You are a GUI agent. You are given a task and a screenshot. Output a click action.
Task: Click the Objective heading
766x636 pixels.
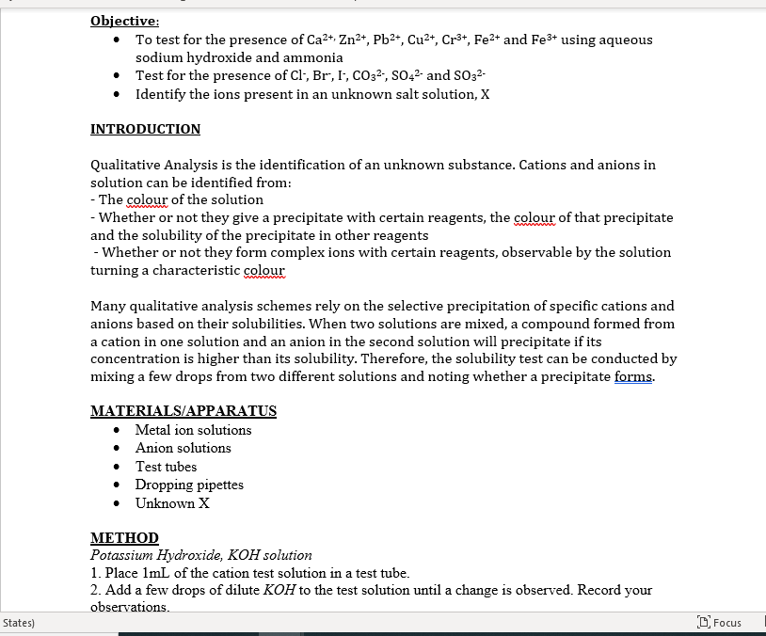click(124, 21)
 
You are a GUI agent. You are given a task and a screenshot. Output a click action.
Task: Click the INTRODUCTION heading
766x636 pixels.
click(145, 129)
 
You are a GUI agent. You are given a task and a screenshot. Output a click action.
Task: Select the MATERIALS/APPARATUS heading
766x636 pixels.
click(184, 411)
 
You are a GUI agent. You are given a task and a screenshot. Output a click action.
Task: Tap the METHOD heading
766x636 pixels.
click(124, 538)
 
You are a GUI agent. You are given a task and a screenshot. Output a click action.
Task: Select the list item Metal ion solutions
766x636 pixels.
click(193, 430)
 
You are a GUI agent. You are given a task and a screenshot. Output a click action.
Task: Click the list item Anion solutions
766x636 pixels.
click(183, 448)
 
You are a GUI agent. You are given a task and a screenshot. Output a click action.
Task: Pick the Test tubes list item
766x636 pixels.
click(166, 467)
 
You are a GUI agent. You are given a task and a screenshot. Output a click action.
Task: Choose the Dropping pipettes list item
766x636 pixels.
click(189, 485)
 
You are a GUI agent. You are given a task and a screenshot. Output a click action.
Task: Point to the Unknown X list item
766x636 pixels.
click(172, 503)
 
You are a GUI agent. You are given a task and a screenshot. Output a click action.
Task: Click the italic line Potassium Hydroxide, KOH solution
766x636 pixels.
click(200, 555)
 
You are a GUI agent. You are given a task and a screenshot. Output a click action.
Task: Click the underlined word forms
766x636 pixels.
click(633, 376)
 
